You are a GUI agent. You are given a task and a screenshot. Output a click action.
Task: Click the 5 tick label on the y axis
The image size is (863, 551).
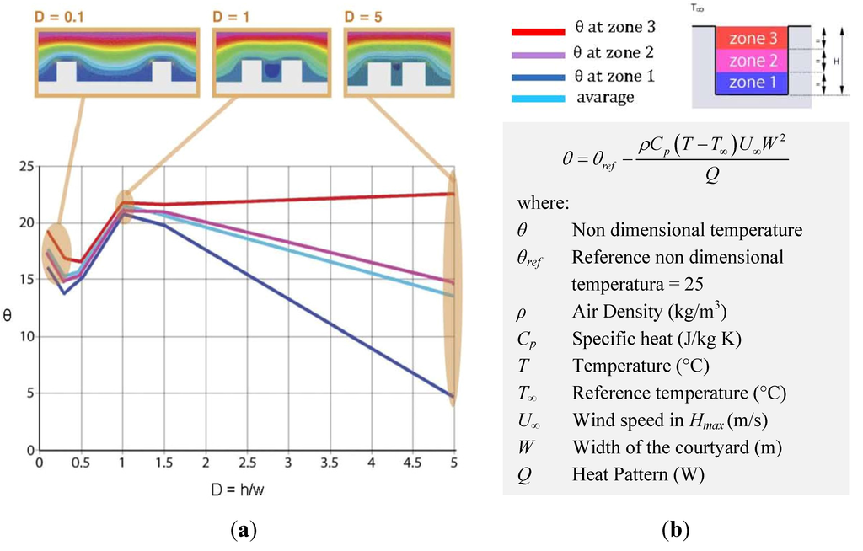tap(29, 393)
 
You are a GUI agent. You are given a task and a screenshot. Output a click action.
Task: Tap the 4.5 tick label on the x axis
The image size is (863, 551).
tap(413, 463)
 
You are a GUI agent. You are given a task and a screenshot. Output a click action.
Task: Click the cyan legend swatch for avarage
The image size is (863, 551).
tap(537, 99)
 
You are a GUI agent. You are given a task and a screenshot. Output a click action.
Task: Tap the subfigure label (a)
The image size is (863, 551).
tap(244, 531)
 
